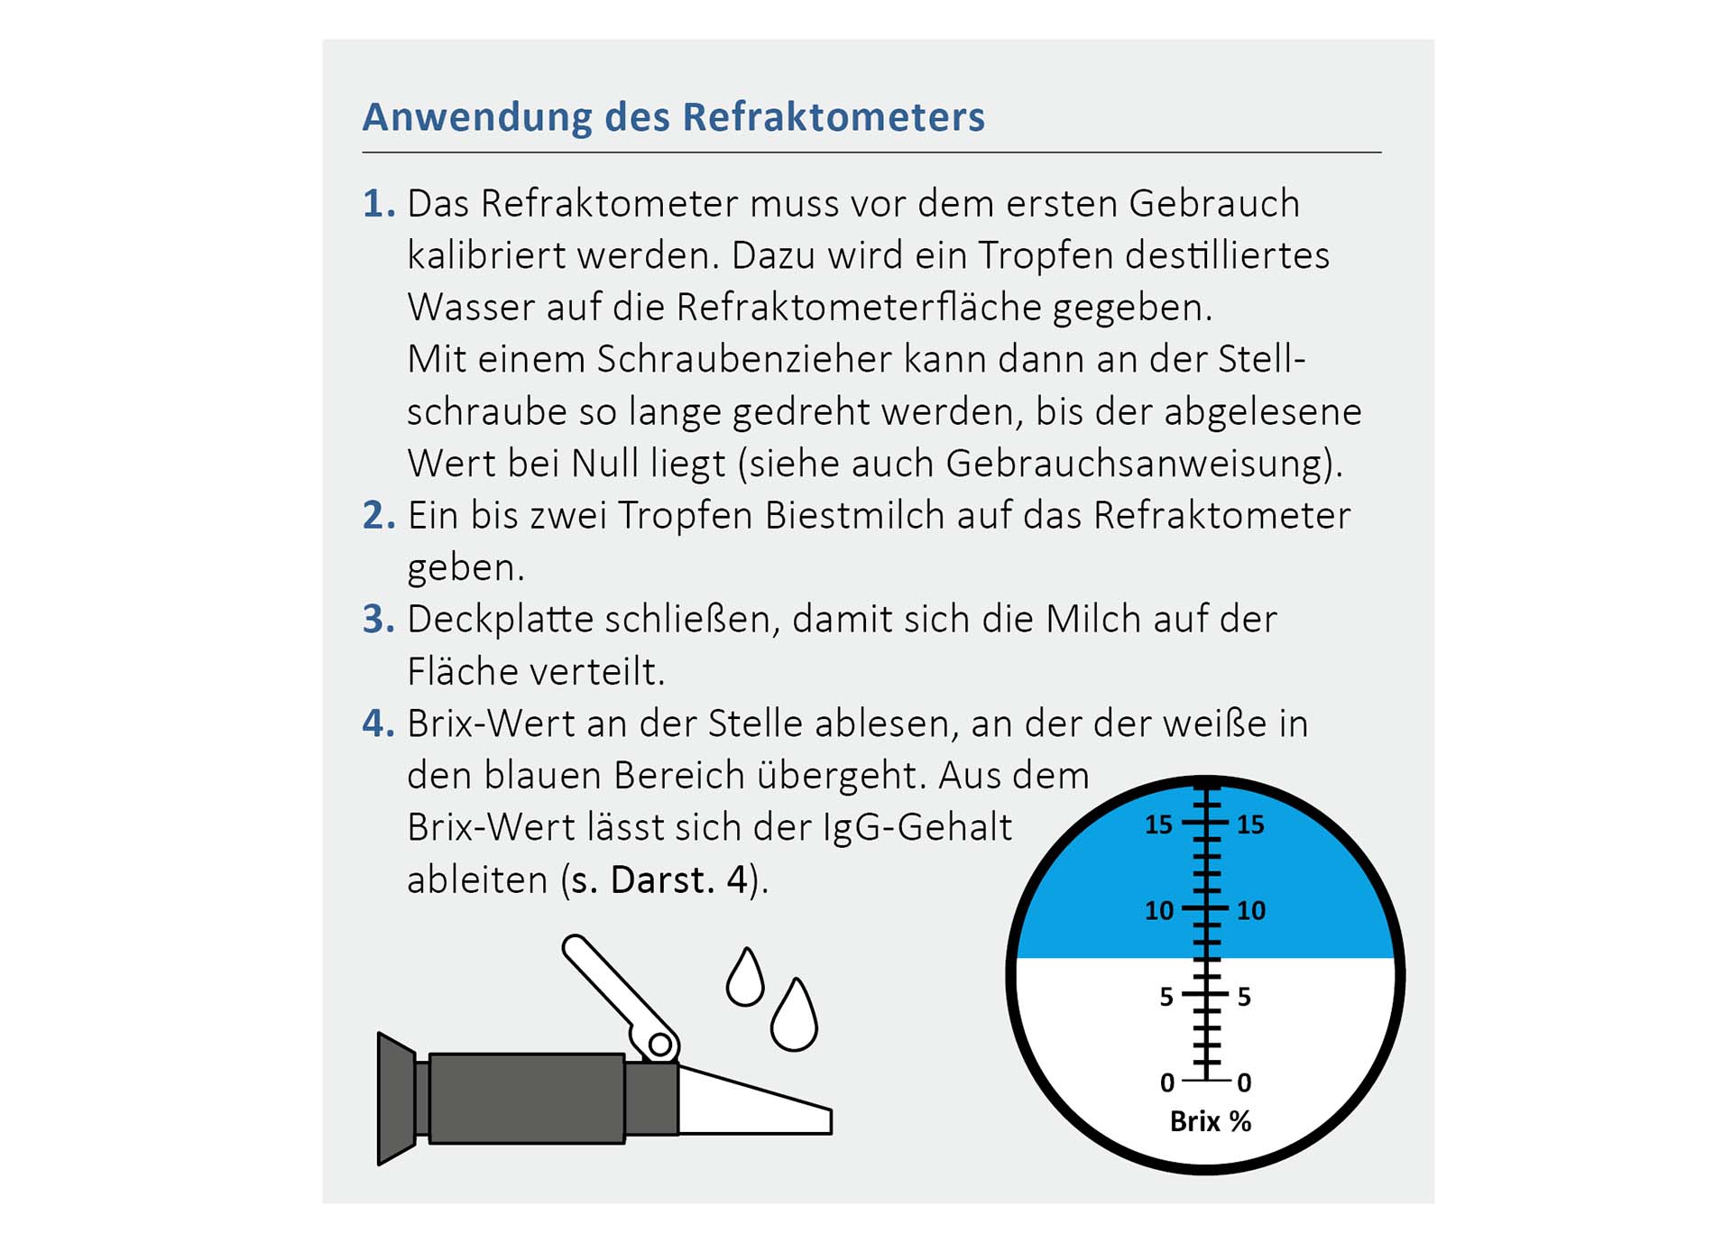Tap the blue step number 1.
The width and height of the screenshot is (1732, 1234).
[376, 204]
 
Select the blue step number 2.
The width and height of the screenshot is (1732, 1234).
[376, 516]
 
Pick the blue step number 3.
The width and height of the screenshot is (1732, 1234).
[376, 620]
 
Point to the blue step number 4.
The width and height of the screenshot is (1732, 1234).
[376, 723]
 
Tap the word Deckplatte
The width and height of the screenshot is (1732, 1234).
[500, 621]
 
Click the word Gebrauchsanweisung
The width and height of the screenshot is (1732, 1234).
[1138, 464]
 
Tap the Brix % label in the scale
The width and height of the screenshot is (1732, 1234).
[1210, 1121]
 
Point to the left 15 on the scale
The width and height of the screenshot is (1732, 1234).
[1158, 824]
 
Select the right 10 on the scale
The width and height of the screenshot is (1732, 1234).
[1251, 911]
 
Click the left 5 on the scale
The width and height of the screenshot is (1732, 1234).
[1166, 997]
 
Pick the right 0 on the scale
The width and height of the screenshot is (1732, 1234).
[1245, 1082]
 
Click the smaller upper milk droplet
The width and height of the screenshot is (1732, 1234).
[745, 979]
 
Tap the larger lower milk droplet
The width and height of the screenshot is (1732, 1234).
[794, 1018]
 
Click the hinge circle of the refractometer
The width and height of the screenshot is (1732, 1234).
[660, 1045]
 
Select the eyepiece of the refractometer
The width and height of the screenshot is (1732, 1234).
[397, 1099]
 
